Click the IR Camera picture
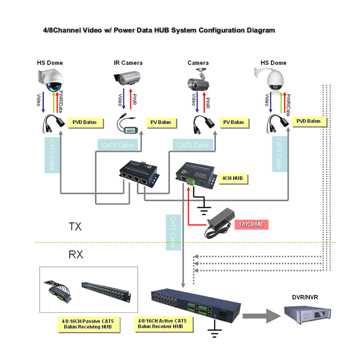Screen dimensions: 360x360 point(129,80)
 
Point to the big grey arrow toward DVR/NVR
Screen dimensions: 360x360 point(261,315)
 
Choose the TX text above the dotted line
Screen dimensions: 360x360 point(75,226)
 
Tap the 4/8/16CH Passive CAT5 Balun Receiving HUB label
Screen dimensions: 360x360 point(88,324)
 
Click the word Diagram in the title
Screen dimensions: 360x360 point(261,30)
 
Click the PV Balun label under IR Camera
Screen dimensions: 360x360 point(160,122)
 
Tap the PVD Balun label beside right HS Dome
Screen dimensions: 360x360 point(308,121)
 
